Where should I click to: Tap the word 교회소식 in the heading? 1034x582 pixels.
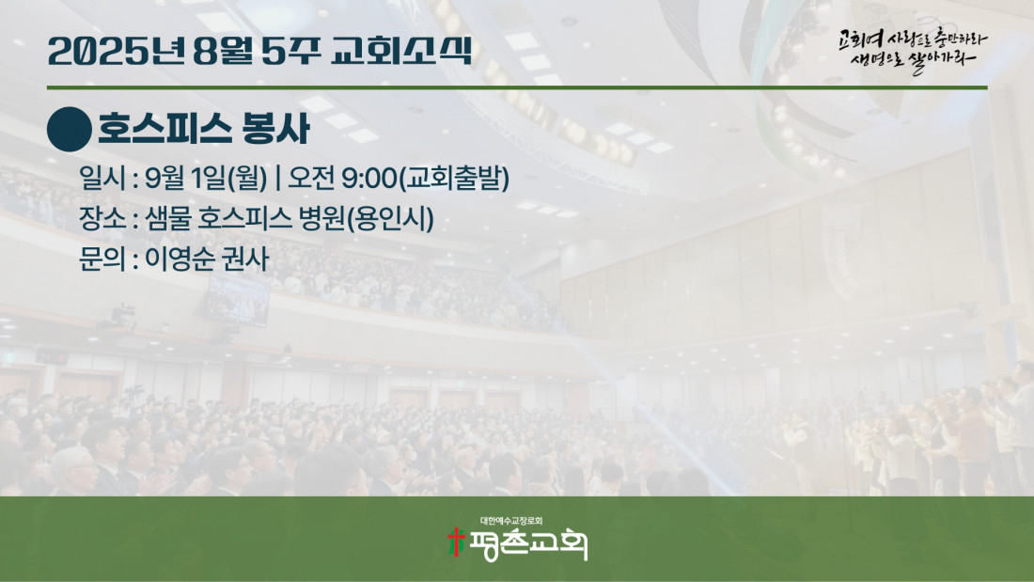[x=401, y=51]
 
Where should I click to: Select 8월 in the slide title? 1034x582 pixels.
[x=223, y=51]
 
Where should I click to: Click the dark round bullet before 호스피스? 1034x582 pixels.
[x=70, y=130]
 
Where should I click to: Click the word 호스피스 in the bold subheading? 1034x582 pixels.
[x=164, y=129]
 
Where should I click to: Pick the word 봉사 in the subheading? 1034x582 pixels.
[x=275, y=129]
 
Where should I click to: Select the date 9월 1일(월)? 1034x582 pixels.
[x=206, y=178]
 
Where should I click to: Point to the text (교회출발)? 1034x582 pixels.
[x=454, y=178]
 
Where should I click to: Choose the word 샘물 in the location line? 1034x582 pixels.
[x=166, y=218]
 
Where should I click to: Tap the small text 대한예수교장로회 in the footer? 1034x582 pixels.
[x=511, y=521]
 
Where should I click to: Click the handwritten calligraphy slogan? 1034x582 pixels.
[x=913, y=51]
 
